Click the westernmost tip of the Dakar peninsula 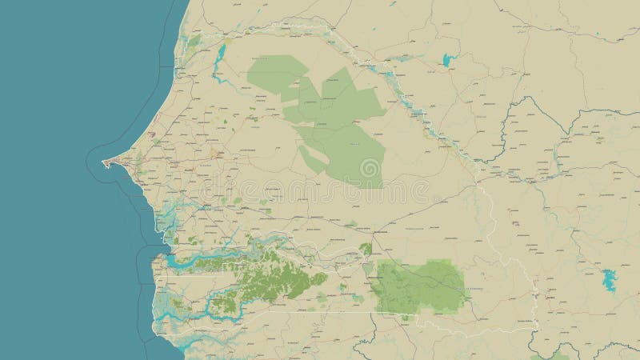104,163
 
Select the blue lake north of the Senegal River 446,59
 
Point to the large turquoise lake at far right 610,280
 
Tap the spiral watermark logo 370,169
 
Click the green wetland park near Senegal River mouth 194,40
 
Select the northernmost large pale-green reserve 276,72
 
